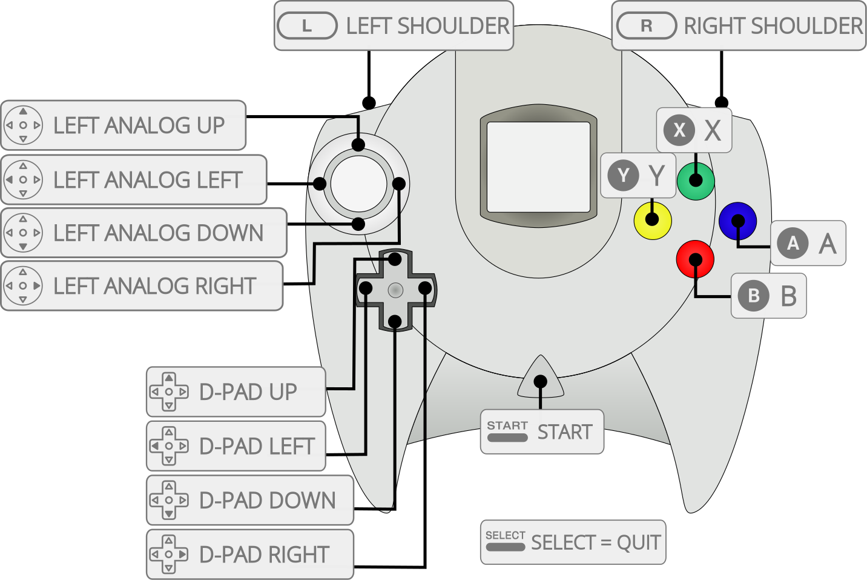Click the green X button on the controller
point(696,181)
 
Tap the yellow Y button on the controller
point(652,220)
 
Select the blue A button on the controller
point(737,221)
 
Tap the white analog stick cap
point(358,184)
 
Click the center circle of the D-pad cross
point(395,290)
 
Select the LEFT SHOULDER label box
point(394,26)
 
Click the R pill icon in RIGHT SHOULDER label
point(646,26)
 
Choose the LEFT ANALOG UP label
point(124,125)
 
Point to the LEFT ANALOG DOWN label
point(144,233)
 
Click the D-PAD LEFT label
point(236,446)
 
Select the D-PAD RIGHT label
point(249,555)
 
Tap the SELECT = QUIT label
point(573,542)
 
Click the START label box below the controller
point(542,432)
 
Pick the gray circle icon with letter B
point(754,296)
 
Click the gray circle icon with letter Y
point(623,176)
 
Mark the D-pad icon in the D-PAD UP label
point(169,392)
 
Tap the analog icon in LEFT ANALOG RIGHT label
point(23,285)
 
